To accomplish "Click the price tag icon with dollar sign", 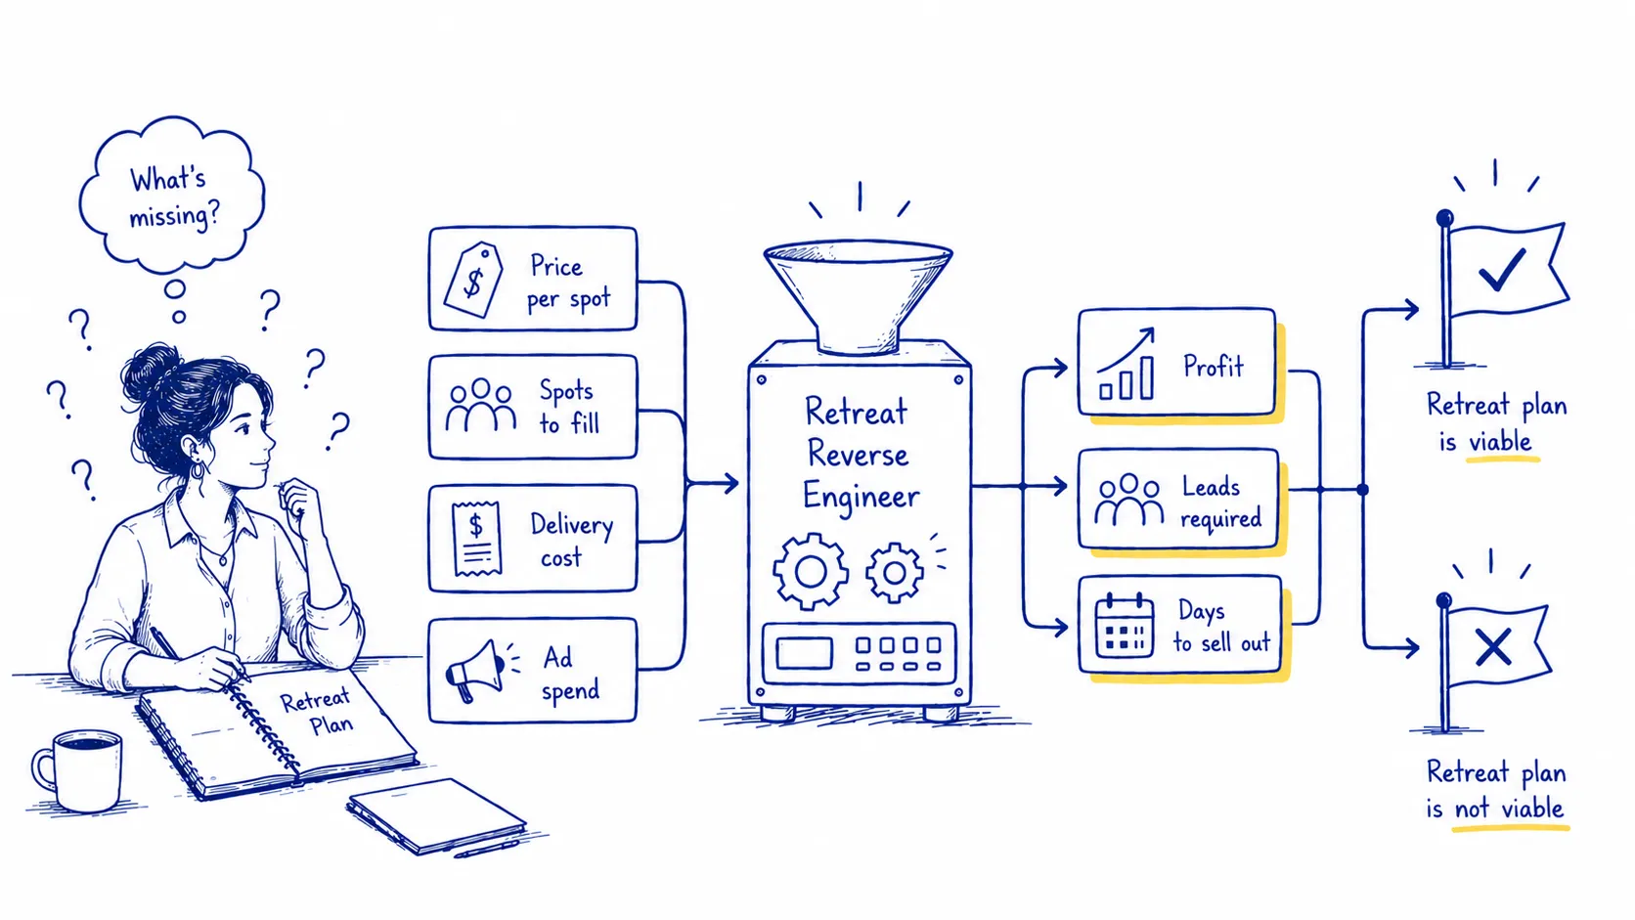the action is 473,280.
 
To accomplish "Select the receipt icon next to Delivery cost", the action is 476,539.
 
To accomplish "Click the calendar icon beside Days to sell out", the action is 1125,626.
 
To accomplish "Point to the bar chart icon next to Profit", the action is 1127,364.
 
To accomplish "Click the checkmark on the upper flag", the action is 1501,269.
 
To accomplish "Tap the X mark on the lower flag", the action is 1493,647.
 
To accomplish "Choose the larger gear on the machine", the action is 811,571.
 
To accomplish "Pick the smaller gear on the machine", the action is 894,572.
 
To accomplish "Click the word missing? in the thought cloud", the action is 174,216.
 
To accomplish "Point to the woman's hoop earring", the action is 198,468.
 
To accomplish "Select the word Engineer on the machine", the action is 862,499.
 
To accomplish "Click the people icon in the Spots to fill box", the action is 481,405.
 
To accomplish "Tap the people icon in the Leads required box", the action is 1128,500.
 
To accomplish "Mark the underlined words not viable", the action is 1509,809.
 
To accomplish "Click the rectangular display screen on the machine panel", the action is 805,653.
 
